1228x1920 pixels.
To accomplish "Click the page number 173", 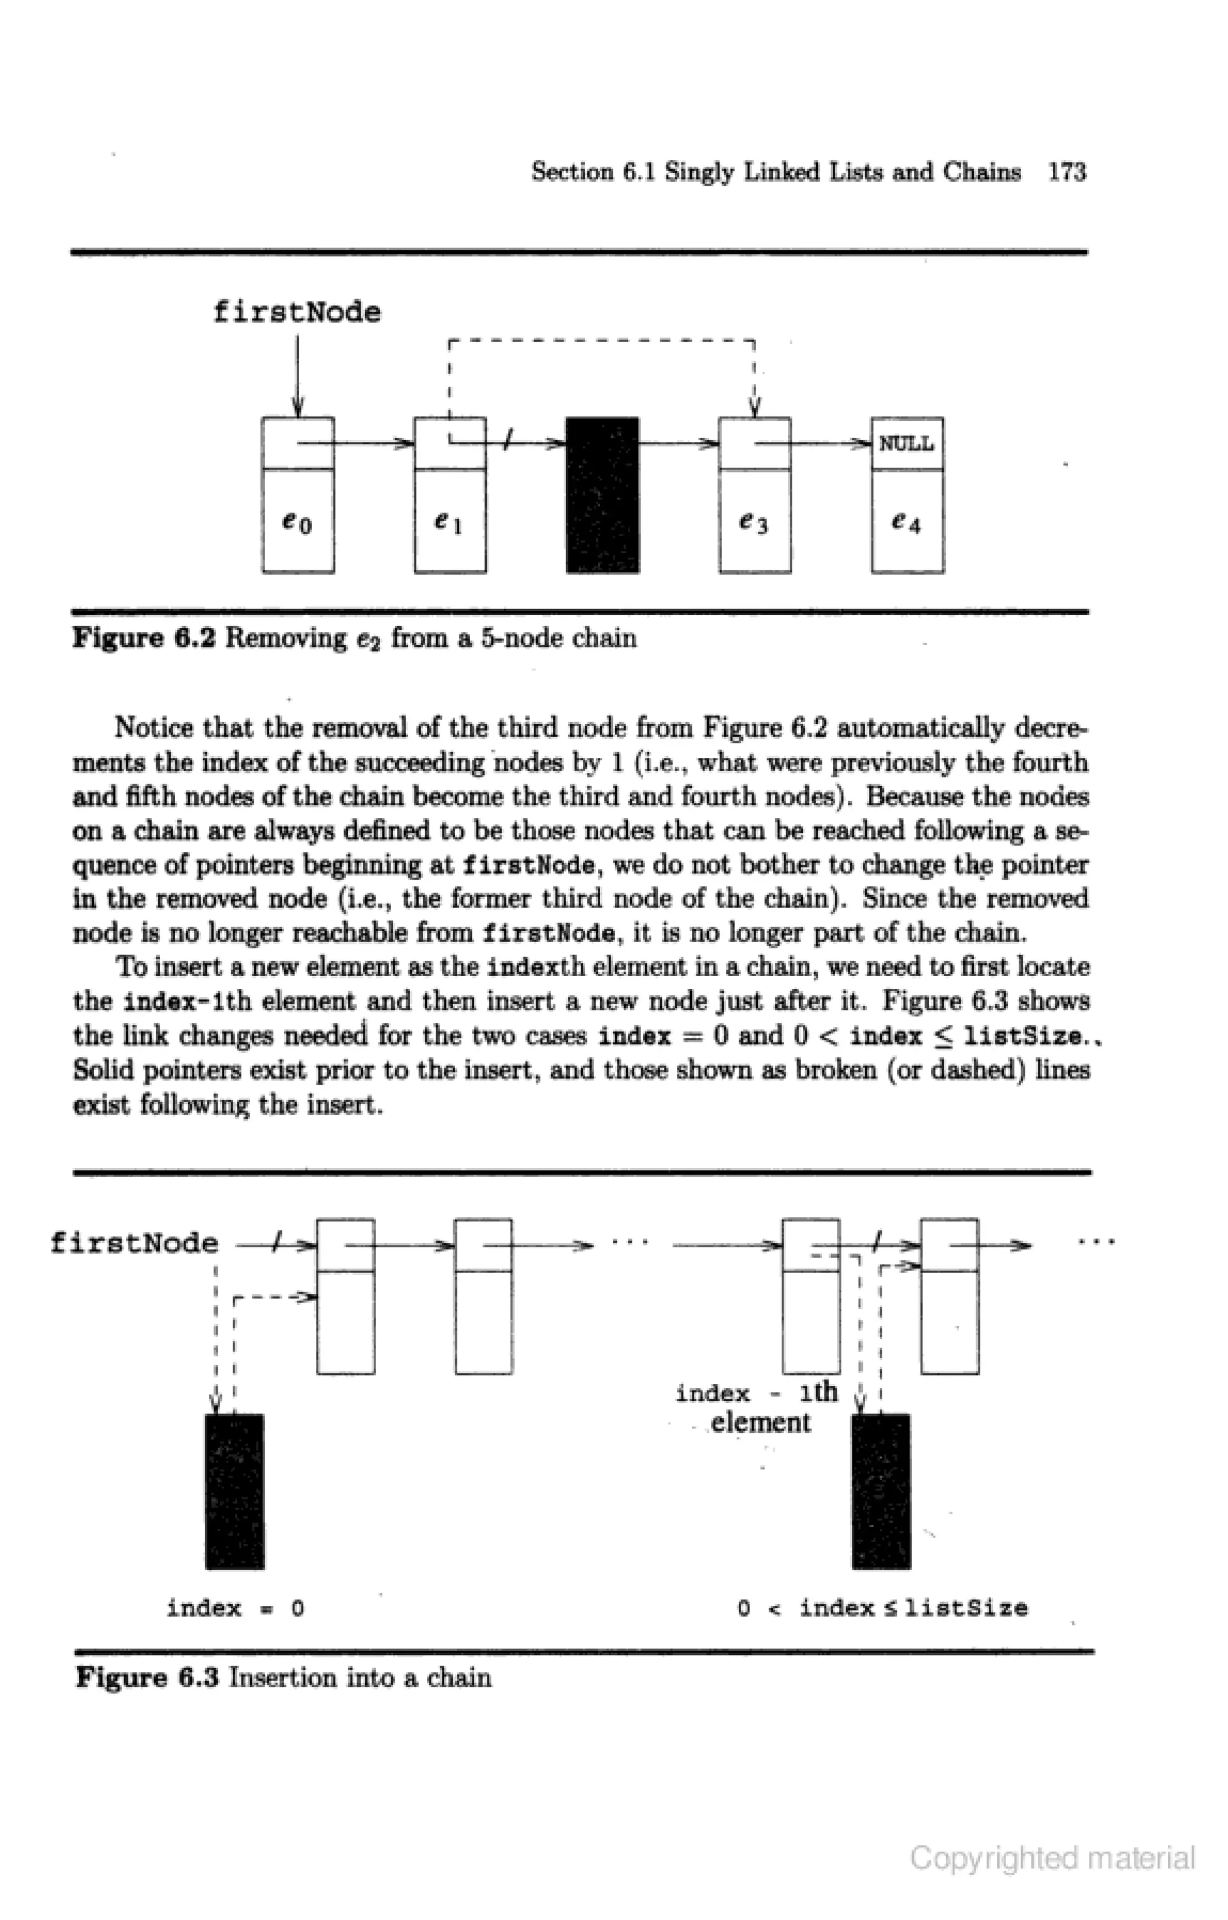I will tap(1067, 172).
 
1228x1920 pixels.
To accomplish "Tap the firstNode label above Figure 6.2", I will tap(297, 312).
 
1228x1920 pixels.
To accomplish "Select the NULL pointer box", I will tap(907, 443).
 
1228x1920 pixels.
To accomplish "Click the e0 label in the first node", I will tap(297, 523).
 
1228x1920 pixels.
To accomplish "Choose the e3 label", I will tap(754, 523).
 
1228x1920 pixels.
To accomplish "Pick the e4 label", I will tap(906, 523).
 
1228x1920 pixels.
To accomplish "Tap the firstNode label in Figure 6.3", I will tap(134, 1242).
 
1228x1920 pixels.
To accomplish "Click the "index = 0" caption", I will tap(235, 1608).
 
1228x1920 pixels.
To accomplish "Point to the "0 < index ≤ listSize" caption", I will tap(883, 1608).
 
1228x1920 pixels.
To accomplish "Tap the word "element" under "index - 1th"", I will tap(760, 1422).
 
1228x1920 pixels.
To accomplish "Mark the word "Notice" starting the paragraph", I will tap(154, 728).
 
